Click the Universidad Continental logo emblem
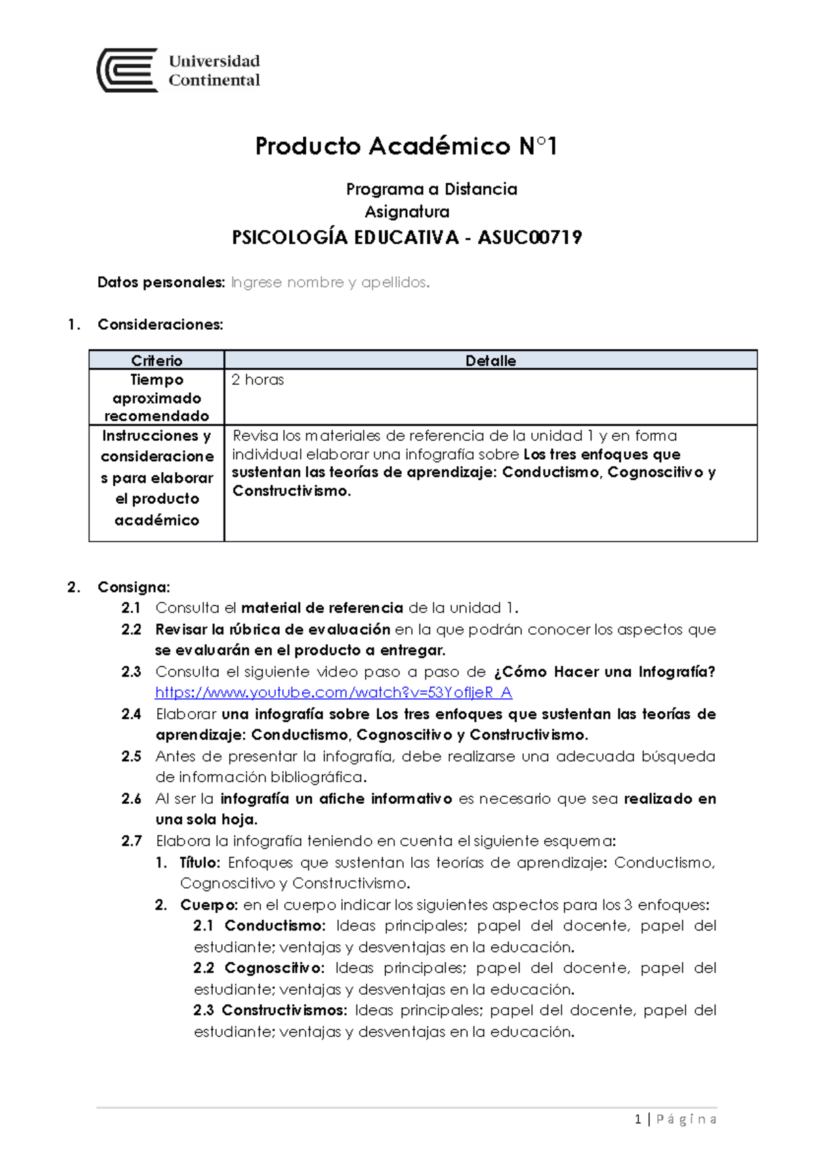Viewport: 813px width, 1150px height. pyautogui.click(x=127, y=70)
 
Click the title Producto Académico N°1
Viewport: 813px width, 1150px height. pyautogui.click(x=406, y=146)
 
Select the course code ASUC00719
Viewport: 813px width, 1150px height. pyautogui.click(x=530, y=238)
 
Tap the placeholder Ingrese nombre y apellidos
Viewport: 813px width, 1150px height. pyautogui.click(x=330, y=282)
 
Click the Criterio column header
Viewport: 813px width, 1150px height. pyautogui.click(x=157, y=360)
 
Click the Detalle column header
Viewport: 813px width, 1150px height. pyautogui.click(x=491, y=360)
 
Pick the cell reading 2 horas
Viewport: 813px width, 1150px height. pyautogui.click(x=257, y=380)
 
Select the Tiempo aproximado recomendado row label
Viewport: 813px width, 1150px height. pyautogui.click(x=157, y=398)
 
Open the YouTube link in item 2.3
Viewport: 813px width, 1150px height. pyautogui.click(x=333, y=692)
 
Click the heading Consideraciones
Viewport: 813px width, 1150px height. pyautogui.click(x=160, y=324)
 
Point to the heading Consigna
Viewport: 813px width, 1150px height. pyautogui.click(x=133, y=587)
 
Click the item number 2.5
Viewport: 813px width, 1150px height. pyautogui.click(x=131, y=757)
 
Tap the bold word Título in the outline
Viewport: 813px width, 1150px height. pyautogui.click(x=200, y=862)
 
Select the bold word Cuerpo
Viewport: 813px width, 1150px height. pyautogui.click(x=209, y=905)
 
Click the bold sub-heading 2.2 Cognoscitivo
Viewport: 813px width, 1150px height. pyautogui.click(x=259, y=968)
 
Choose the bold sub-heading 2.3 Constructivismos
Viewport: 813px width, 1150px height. pyautogui.click(x=270, y=1010)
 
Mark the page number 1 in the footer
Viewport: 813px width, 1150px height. pyautogui.click(x=638, y=1119)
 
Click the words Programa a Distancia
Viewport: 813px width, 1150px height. pyautogui.click(x=432, y=189)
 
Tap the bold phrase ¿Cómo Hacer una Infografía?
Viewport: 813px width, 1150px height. pyautogui.click(x=604, y=672)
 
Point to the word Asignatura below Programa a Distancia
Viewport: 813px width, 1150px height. pyautogui.click(x=407, y=212)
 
